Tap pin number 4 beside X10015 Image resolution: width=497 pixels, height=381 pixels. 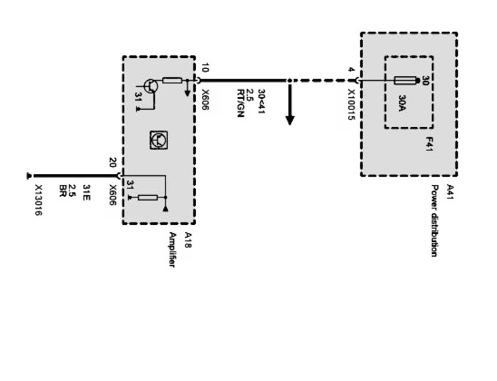click(x=351, y=70)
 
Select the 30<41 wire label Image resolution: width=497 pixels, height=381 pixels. click(x=262, y=101)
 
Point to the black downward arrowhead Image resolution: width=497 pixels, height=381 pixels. click(x=290, y=120)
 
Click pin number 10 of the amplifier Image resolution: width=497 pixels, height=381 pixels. click(x=205, y=68)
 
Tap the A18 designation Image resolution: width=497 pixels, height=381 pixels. click(x=188, y=239)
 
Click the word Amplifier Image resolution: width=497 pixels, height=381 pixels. click(x=173, y=249)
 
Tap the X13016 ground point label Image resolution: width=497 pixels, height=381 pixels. click(x=38, y=200)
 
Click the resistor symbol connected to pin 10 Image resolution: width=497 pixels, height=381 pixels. click(x=172, y=80)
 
